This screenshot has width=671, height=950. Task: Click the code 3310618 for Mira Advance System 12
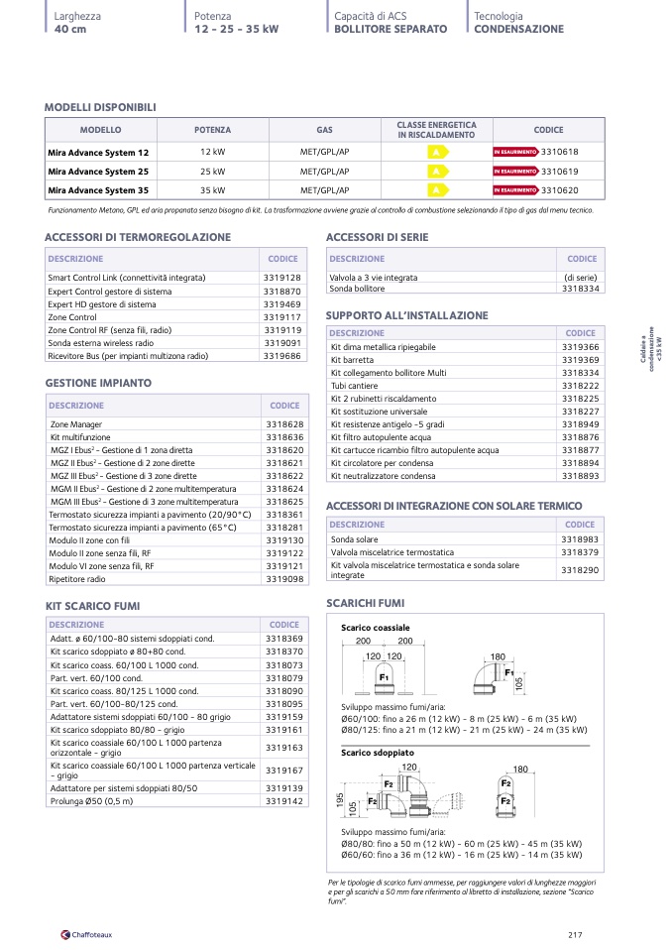coord(560,152)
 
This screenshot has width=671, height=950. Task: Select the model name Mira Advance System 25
coord(98,171)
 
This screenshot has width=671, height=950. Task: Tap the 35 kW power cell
coord(212,189)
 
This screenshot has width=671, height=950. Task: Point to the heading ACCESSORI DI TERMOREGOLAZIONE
coord(138,237)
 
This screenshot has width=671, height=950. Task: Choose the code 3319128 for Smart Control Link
coord(282,278)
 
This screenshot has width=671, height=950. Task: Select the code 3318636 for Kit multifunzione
coord(284,436)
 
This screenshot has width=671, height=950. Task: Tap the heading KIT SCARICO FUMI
coord(92,605)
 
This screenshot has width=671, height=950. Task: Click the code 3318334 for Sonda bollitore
coord(580,289)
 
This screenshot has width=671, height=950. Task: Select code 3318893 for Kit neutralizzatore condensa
coord(580,476)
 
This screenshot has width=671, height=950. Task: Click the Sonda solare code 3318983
coord(580,539)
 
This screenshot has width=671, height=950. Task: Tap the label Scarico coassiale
coord(375,628)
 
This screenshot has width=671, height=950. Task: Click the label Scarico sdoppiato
coord(378,753)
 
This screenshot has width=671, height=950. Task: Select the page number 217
coord(575,934)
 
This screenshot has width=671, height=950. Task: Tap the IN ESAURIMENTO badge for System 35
coord(514,189)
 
